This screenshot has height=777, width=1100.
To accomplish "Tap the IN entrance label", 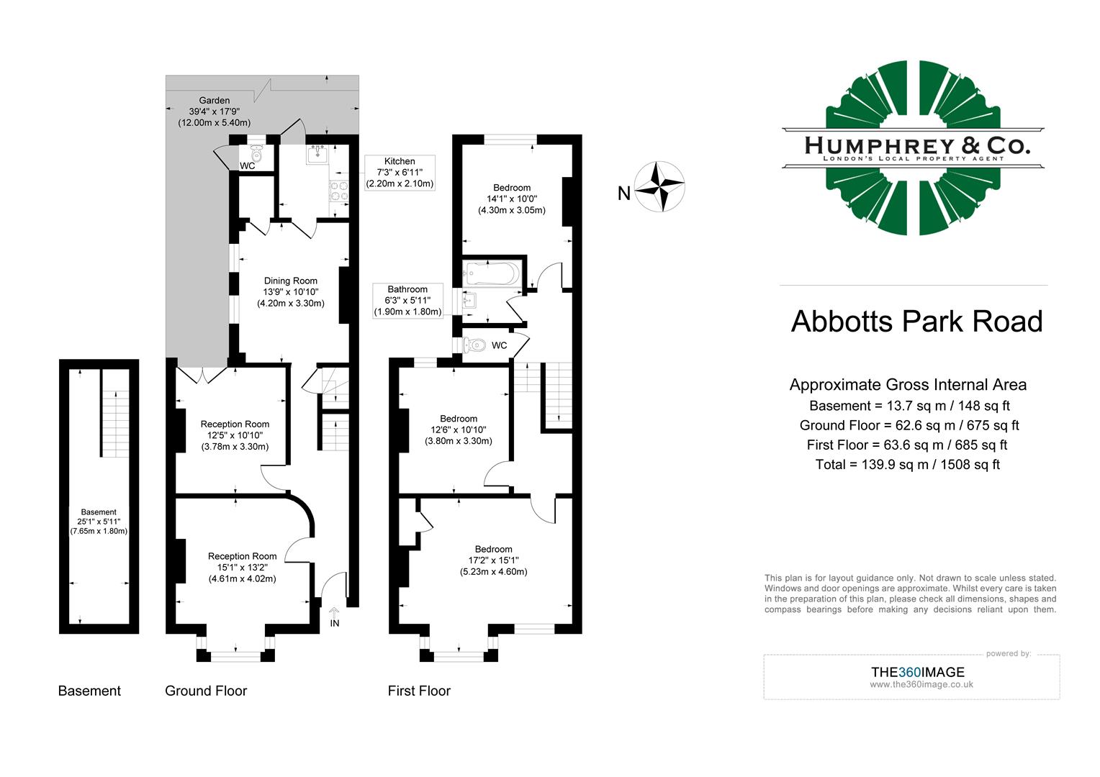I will [x=335, y=623].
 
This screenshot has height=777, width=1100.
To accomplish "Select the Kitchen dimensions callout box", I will [x=400, y=173].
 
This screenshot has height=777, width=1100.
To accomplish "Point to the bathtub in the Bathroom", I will [x=492, y=274].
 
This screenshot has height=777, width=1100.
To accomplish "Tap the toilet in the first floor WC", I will [x=476, y=345].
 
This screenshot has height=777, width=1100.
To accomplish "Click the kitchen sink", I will [x=317, y=153].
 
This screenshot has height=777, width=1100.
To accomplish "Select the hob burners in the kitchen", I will [x=338, y=191].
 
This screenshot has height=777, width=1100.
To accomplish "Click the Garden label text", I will [x=215, y=101].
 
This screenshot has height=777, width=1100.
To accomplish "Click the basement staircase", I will [x=114, y=424].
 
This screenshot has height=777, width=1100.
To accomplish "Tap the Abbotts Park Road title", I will [x=916, y=321].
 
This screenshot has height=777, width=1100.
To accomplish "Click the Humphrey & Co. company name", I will [x=916, y=145].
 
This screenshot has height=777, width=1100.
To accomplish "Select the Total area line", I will [x=907, y=464].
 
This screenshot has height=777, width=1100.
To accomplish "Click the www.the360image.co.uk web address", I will [x=921, y=684].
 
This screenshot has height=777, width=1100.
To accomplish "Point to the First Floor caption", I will [x=419, y=691].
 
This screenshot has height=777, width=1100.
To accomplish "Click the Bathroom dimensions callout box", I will [x=407, y=300].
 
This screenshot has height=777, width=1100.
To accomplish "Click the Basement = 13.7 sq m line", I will [x=909, y=406].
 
